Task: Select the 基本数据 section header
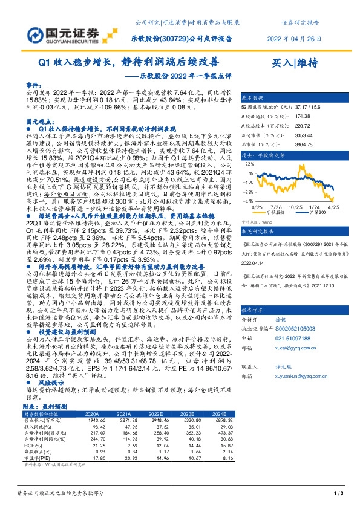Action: (x=252, y=97)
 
